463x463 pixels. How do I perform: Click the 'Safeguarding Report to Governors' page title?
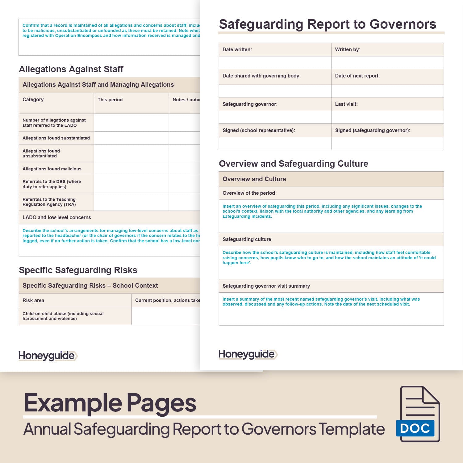click(327, 24)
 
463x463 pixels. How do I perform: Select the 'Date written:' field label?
click(237, 49)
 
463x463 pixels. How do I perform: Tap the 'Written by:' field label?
click(348, 49)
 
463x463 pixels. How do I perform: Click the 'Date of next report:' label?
click(357, 76)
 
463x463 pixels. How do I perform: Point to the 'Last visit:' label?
click(346, 104)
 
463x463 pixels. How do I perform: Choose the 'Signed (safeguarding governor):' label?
click(373, 130)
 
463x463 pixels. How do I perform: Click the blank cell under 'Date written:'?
click(275, 63)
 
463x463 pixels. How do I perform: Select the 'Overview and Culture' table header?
click(254, 179)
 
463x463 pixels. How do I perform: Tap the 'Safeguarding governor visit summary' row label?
click(266, 286)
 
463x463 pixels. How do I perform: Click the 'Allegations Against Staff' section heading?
click(71, 69)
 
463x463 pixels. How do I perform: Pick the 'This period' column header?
click(110, 100)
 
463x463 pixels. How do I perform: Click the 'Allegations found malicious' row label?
click(52, 169)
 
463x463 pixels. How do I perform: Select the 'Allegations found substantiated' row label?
click(56, 138)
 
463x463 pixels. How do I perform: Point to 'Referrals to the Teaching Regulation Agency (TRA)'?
click(49, 202)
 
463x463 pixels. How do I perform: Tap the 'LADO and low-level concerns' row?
click(57, 217)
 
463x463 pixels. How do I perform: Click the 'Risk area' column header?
click(33, 300)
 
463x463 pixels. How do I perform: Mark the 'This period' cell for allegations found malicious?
click(131, 169)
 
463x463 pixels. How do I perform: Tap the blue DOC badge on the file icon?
click(415, 428)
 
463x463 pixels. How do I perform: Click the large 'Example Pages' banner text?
click(110, 403)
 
